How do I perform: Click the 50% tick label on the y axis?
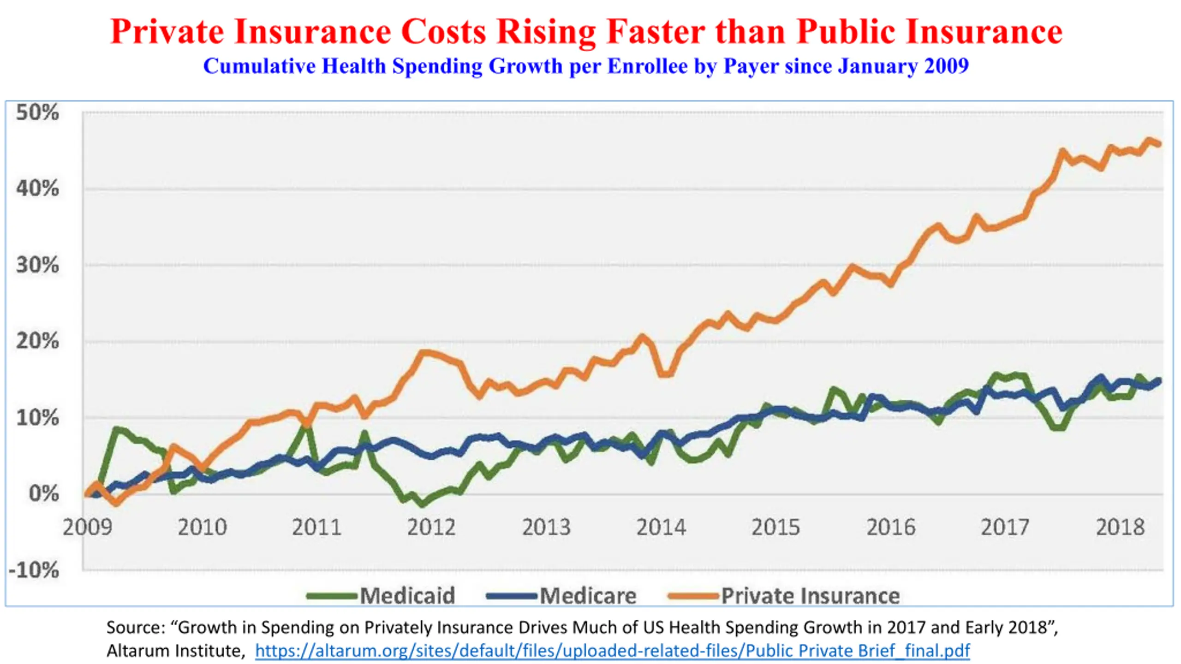click(x=37, y=113)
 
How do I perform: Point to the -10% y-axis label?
click(x=34, y=570)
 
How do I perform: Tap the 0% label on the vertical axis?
click(x=44, y=494)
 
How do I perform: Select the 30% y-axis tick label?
click(x=37, y=265)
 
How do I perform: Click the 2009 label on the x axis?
click(x=87, y=527)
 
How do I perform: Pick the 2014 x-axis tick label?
click(x=661, y=527)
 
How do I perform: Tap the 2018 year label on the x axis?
click(x=1120, y=527)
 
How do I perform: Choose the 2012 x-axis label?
click(x=431, y=527)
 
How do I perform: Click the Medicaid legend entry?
click(x=381, y=596)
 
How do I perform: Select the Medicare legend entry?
click(x=561, y=596)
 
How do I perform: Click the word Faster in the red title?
click(x=656, y=32)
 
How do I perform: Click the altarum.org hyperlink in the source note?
click(x=613, y=651)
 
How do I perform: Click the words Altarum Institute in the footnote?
click(x=174, y=651)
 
